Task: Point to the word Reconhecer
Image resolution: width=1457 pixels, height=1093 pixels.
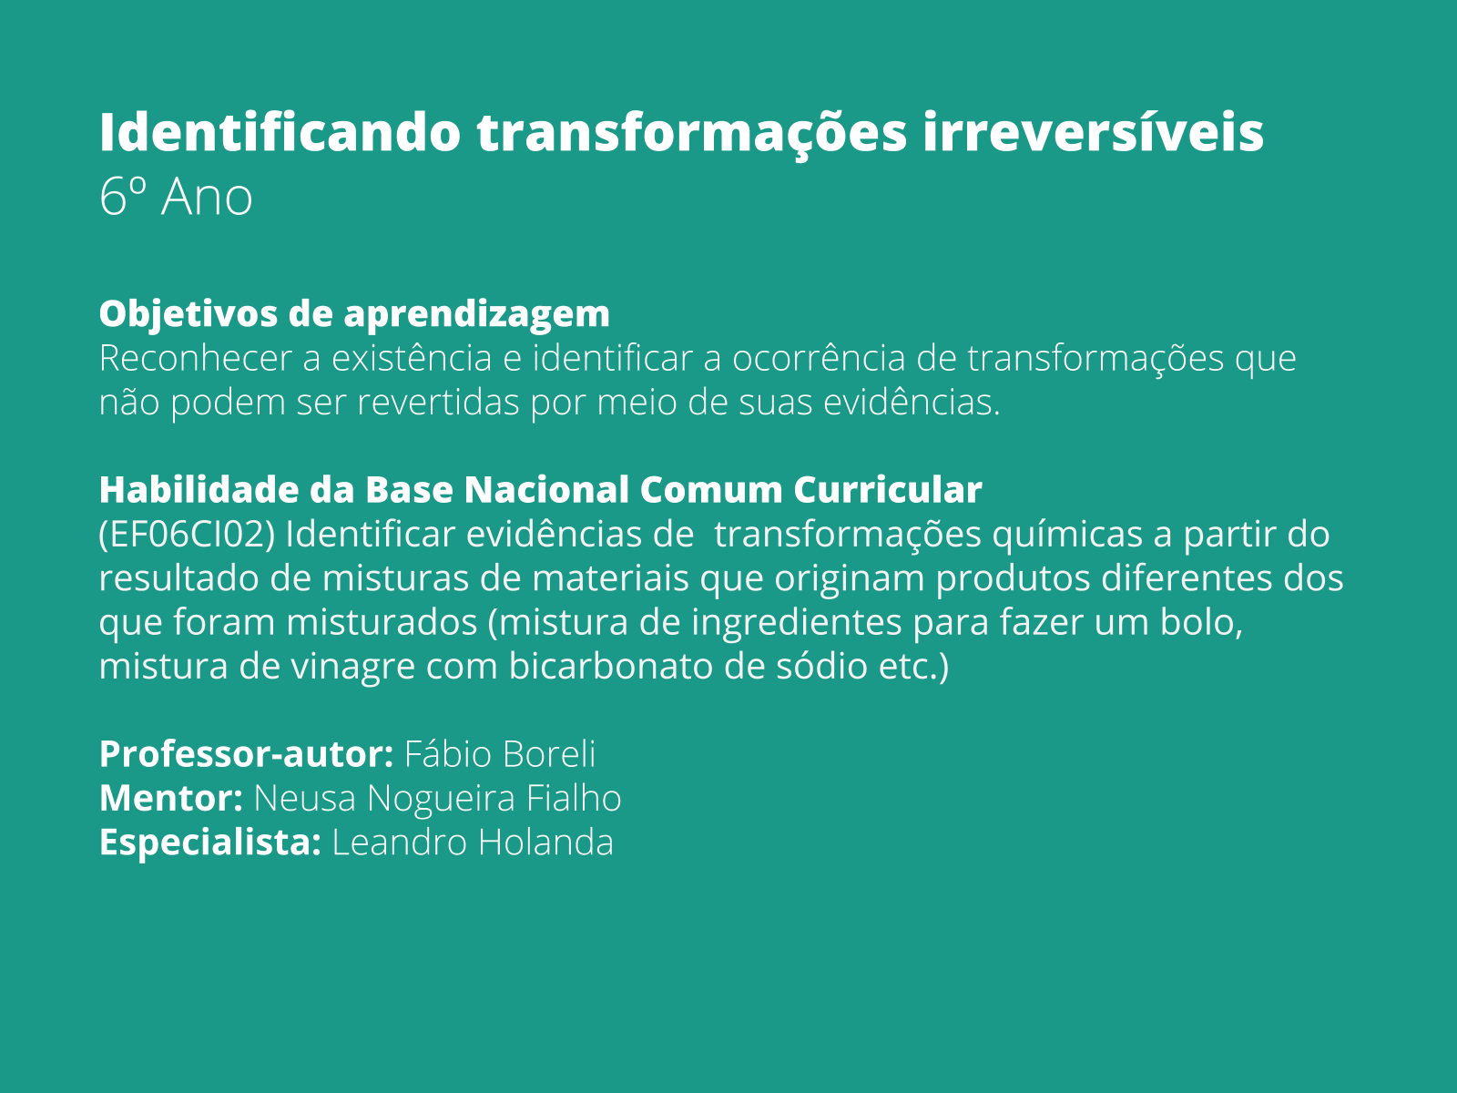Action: [x=195, y=358]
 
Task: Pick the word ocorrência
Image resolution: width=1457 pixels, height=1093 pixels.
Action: [x=819, y=358]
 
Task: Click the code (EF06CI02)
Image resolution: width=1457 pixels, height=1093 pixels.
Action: [x=187, y=535]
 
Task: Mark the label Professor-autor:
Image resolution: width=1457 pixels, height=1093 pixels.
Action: [x=246, y=754]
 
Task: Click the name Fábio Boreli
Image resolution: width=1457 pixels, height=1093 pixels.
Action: [x=500, y=754]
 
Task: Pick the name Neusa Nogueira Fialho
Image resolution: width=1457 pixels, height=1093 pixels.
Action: [x=437, y=798]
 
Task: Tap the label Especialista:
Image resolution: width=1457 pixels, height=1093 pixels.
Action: [x=209, y=843]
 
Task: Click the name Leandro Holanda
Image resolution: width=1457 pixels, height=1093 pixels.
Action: [x=473, y=843]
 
